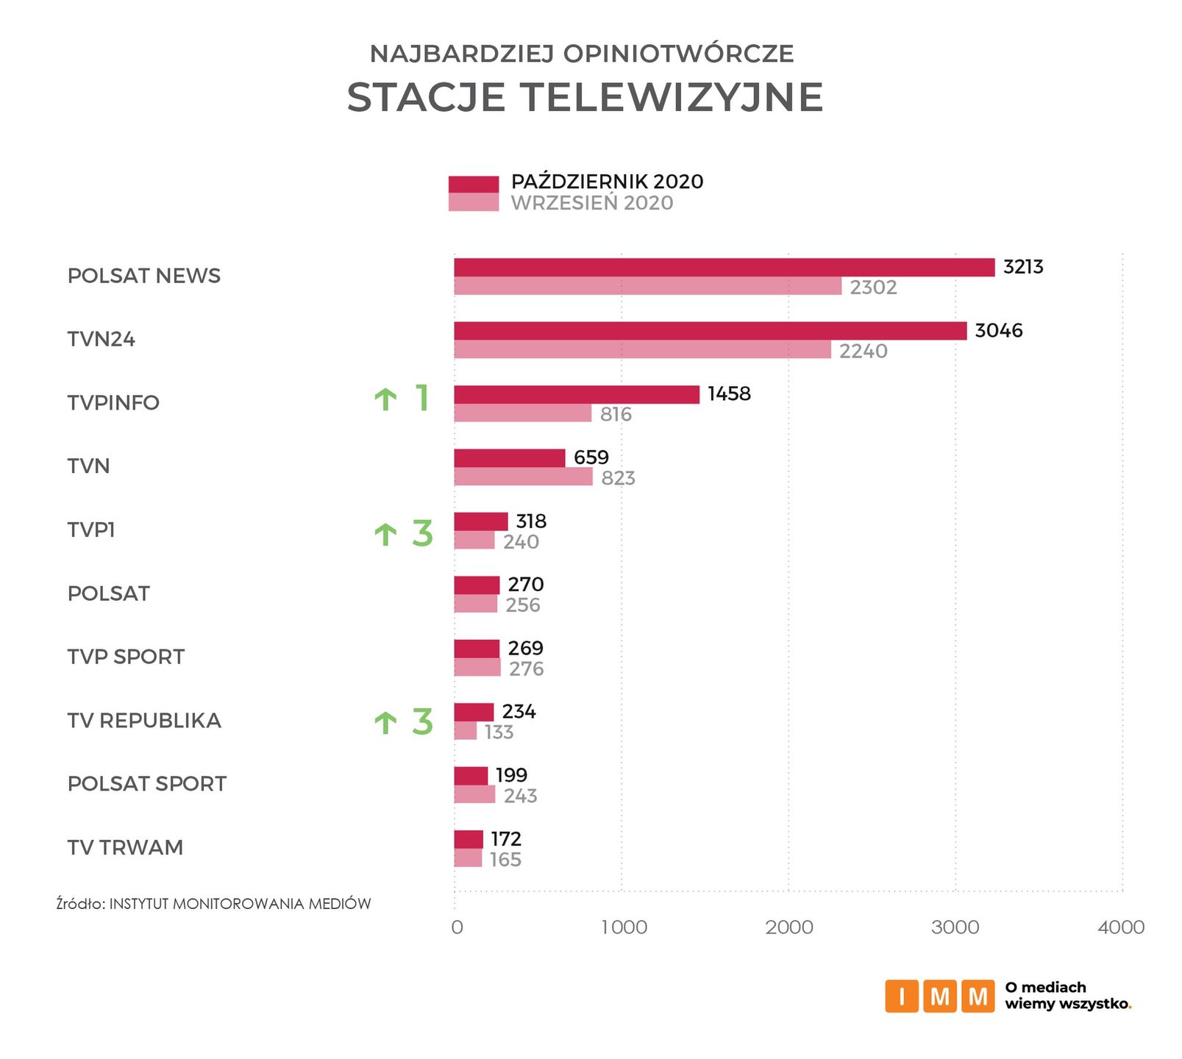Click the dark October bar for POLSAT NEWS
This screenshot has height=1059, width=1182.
pos(724,268)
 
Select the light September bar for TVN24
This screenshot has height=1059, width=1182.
pos(642,350)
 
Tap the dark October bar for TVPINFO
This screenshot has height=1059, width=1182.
pos(577,395)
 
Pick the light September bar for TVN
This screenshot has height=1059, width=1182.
pos(523,477)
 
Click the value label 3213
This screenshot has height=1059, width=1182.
pos(1023,267)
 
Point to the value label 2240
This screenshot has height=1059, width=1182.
pos(864,352)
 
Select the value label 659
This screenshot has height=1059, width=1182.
pos(591,457)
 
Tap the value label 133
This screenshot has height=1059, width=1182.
pos(499,732)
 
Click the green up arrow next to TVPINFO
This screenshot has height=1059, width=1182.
pos(385,399)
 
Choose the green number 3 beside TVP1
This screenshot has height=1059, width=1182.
pos(422,533)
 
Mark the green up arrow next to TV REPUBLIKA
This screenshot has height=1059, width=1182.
pos(385,723)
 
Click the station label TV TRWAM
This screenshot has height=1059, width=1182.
pos(125,848)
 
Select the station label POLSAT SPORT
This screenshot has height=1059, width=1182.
pos(147,784)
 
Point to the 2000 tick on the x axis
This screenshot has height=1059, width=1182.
pos(789,927)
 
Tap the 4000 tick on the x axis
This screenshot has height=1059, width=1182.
pos(1121,927)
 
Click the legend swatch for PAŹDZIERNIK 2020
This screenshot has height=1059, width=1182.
pos(474,184)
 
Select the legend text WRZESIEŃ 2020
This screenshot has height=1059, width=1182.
pos(592,204)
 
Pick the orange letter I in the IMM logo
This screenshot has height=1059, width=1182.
pos(902,996)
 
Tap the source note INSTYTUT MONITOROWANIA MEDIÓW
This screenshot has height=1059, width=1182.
pos(240,904)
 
